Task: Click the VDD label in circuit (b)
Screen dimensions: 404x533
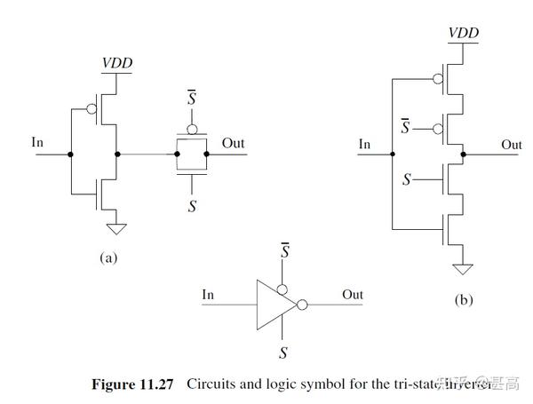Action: [463, 33]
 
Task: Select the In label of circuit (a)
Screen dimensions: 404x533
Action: [37, 142]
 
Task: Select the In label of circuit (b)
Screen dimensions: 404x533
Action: [364, 144]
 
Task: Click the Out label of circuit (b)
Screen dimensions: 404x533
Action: [512, 144]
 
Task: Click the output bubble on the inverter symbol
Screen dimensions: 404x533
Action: [302, 305]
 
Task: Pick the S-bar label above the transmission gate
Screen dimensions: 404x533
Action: [190, 95]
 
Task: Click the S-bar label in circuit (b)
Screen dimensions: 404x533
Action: [405, 128]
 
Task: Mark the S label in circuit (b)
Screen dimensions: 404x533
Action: [406, 179]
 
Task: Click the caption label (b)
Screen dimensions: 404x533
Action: [463, 300]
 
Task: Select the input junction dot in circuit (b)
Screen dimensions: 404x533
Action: [390, 154]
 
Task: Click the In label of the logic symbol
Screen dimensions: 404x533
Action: [208, 295]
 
